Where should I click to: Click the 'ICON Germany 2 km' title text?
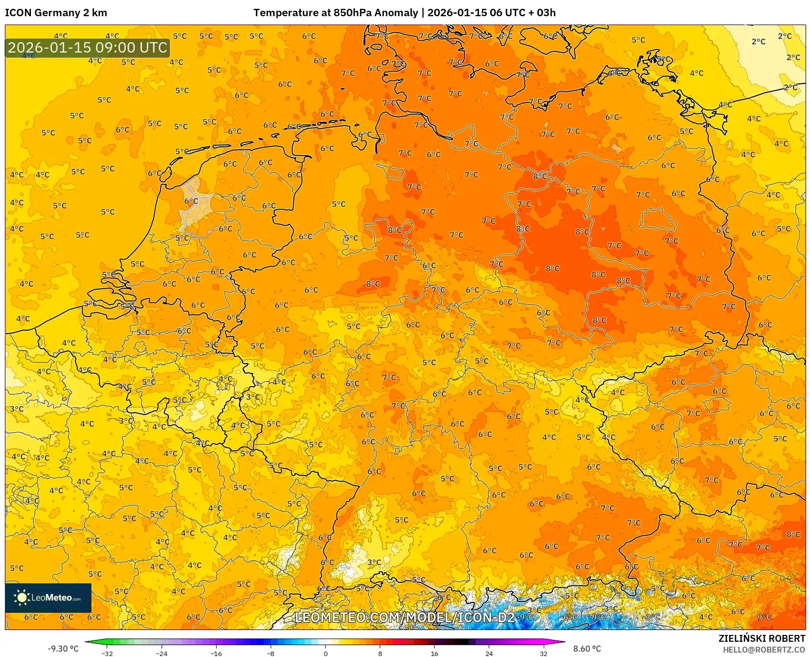click(56, 13)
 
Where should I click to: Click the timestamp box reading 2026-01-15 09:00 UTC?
click(87, 48)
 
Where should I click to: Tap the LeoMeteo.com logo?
click(48, 598)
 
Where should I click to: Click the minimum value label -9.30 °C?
click(63, 649)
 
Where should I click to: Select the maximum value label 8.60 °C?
click(587, 649)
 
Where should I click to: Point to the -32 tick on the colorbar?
click(107, 653)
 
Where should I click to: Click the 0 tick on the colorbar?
click(325, 653)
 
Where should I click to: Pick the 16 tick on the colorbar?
click(434, 653)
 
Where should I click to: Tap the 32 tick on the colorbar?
click(543, 653)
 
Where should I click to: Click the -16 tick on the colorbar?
click(216, 653)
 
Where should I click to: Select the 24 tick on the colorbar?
click(489, 653)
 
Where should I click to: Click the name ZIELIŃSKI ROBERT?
click(762, 638)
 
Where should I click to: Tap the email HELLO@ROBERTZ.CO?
click(764, 650)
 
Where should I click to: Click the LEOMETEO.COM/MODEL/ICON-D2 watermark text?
click(405, 617)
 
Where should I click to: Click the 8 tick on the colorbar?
click(380, 653)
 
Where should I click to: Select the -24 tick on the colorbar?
click(162, 653)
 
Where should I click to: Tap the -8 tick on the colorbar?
click(271, 653)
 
